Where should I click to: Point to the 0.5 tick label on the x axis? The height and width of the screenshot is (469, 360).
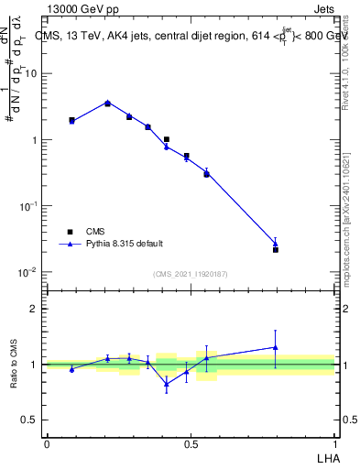click(x=191, y=442)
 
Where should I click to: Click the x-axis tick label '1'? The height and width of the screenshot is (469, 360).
click(x=334, y=442)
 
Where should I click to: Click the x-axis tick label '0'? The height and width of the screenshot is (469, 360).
click(x=47, y=442)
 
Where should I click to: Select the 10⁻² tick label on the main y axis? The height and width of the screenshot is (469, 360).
click(x=29, y=272)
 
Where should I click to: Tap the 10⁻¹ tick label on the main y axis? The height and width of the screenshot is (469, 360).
click(x=29, y=206)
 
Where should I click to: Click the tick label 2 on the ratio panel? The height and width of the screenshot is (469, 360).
click(x=34, y=309)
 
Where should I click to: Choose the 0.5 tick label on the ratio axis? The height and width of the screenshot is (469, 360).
click(x=30, y=420)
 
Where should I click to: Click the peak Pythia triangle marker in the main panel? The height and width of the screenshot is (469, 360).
click(x=107, y=103)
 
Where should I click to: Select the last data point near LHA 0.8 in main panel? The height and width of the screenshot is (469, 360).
click(x=276, y=249)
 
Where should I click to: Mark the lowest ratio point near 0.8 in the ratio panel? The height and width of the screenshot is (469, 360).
click(x=166, y=384)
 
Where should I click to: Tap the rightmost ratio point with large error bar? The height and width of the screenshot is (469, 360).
click(x=276, y=347)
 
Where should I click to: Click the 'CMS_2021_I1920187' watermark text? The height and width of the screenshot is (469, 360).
click(x=191, y=274)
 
